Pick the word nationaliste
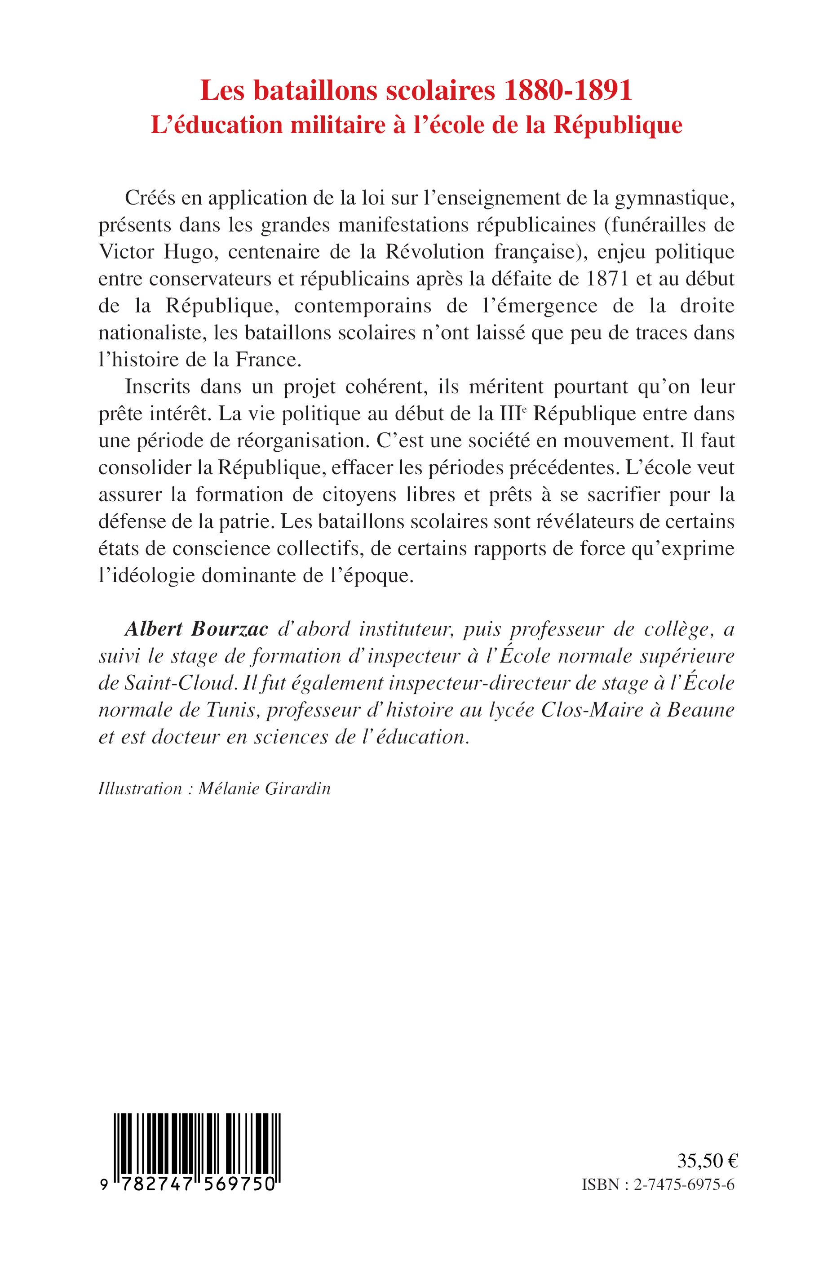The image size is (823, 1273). [x=152, y=333]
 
